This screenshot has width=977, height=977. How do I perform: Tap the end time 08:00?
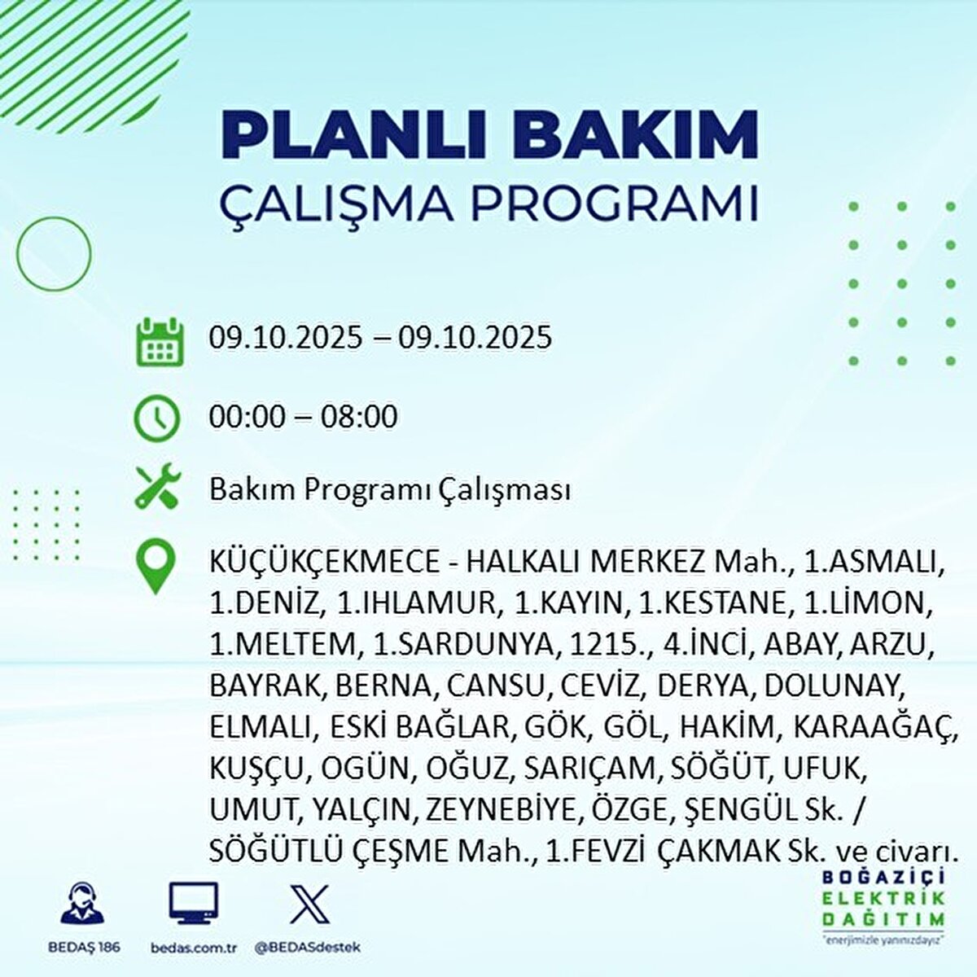pyautogui.click(x=358, y=417)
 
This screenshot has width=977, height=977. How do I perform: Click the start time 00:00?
pyautogui.click(x=248, y=417)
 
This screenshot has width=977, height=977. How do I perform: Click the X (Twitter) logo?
pyautogui.click(x=309, y=904)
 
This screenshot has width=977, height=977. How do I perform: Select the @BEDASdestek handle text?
pyautogui.click(x=307, y=948)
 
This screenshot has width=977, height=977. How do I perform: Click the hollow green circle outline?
pyautogui.click(x=55, y=254)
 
